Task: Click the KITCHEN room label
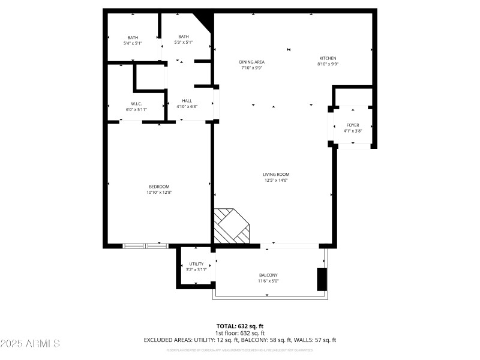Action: click(328, 58)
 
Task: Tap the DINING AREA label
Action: click(252, 62)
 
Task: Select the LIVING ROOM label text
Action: click(277, 175)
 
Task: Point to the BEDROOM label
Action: click(158, 187)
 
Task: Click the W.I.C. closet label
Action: click(136, 104)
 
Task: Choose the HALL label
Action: click(187, 101)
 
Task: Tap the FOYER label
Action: click(352, 125)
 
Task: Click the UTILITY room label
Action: click(196, 264)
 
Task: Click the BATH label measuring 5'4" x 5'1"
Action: click(133, 37)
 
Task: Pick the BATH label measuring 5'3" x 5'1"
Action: click(184, 37)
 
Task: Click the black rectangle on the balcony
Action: click(322, 279)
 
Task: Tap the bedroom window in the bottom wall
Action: click(145, 245)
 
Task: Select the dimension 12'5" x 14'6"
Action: click(277, 181)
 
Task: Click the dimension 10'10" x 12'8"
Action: click(158, 193)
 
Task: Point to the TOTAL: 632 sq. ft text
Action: click(240, 326)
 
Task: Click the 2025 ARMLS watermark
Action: click(30, 344)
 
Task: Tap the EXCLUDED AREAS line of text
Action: click(240, 340)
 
